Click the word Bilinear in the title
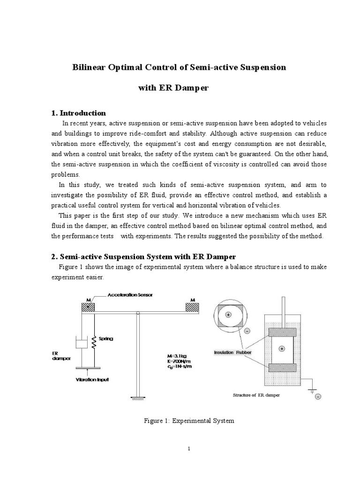click(89, 67)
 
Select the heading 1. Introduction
click(78, 113)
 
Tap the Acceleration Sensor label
click(130, 295)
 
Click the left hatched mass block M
click(88, 307)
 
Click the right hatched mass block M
click(192, 307)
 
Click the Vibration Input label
click(92, 380)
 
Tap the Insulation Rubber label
click(230, 352)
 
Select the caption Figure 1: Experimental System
click(188, 421)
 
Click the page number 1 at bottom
click(189, 449)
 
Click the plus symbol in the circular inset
click(228, 315)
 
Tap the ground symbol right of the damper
click(311, 390)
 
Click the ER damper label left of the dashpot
click(58, 356)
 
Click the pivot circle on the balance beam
click(137, 313)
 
